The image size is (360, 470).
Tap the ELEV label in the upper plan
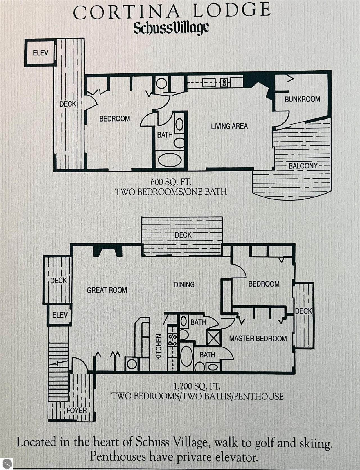click(x=40, y=53)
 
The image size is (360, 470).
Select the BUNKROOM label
click(x=302, y=99)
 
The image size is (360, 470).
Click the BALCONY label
click(x=303, y=166)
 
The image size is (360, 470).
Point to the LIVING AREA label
click(x=229, y=126)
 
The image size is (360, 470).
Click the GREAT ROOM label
click(x=107, y=290)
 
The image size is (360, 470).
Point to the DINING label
click(x=184, y=285)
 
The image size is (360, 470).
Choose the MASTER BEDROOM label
click(x=258, y=338)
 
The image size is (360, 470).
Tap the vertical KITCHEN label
click(x=159, y=347)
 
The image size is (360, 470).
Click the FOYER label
click(x=77, y=410)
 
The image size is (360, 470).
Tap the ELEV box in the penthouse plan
click(x=60, y=315)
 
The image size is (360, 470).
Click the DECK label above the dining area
click(x=183, y=235)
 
